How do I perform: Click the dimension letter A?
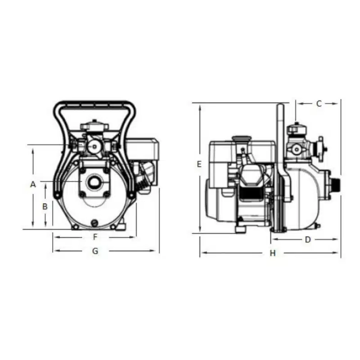33,184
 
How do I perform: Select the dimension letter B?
45,207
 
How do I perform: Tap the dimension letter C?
319,104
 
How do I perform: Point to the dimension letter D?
308,240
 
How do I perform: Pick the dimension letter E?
199,164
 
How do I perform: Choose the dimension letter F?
95,237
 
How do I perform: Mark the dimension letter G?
95,251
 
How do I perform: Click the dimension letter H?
273,253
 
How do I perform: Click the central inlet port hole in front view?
94,183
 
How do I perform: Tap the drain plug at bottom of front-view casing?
94,222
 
